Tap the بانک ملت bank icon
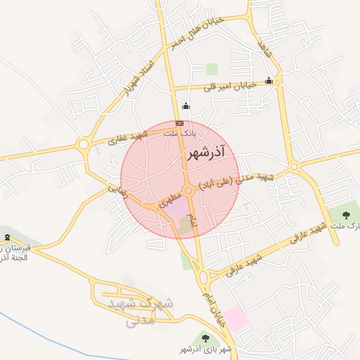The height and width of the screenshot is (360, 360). coord(179,122)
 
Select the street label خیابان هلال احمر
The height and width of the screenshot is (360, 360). coord(196,33)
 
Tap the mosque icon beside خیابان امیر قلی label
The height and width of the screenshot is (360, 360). coord(269,82)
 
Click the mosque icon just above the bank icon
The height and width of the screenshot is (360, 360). coord(186,107)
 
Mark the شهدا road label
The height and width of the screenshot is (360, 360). coord(264,50)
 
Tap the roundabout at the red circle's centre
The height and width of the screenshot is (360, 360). coord(189,191)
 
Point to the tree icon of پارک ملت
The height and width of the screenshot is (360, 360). coord(345,214)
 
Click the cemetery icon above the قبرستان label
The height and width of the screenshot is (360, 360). coord(6,237)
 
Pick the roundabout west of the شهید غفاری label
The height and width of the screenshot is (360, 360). coord(84,146)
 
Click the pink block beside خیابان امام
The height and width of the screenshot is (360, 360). coord(236,319)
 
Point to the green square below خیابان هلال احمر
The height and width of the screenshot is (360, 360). coord(212,69)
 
